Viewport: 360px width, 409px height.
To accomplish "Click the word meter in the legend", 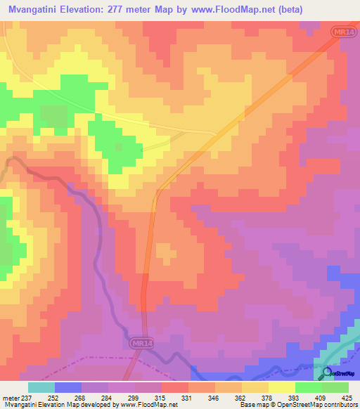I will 10,398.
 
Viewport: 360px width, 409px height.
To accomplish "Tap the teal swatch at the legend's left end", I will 41,387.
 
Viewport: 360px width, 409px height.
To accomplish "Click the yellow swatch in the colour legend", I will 282,387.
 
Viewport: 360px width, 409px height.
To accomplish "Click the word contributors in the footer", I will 341,405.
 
